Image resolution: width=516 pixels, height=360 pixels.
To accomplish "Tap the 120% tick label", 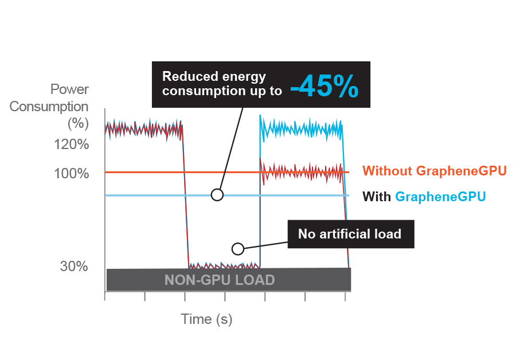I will [72, 144].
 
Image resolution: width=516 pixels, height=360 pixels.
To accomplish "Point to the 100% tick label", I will [72, 173].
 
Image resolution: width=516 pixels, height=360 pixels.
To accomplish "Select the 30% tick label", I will [75, 267].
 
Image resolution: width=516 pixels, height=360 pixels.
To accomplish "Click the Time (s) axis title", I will [206, 319].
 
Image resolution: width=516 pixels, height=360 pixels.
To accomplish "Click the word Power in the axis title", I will [69, 89].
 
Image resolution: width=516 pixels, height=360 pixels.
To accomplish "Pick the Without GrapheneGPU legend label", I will [435, 171].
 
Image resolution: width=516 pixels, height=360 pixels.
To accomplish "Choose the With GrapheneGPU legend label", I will [424, 197].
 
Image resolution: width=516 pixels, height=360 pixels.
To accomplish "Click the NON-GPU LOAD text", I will [220, 280].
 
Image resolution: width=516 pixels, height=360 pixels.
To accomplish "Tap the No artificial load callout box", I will [350, 234].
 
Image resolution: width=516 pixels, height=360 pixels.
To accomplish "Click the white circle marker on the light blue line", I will [217, 195].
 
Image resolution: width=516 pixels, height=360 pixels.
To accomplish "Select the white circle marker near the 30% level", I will [237, 249].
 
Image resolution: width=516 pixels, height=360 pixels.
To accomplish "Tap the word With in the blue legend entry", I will [377, 197].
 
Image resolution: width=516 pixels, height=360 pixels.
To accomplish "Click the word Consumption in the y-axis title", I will [49, 107].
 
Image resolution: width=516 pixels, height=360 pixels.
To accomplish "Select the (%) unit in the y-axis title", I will [77, 123].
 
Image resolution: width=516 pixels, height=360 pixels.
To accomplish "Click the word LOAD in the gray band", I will [256, 280].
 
